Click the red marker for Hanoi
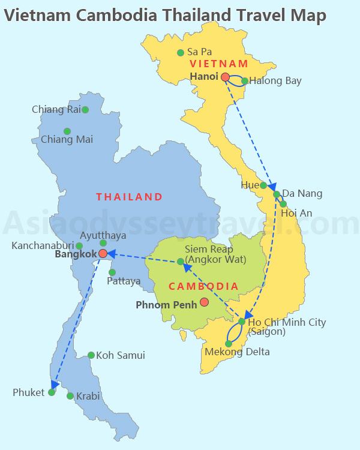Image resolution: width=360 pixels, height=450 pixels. (x=225, y=77)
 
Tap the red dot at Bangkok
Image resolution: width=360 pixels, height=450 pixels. (x=103, y=254)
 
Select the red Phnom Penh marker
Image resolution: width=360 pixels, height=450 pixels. (x=204, y=302)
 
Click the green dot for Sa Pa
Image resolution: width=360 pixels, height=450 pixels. (x=180, y=53)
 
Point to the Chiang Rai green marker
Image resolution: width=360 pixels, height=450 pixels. (x=85, y=110)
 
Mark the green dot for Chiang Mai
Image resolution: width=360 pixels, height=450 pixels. (x=67, y=131)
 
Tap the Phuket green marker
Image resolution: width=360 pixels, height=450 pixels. (x=52, y=392)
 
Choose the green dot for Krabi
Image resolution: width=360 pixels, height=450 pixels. (x=70, y=396)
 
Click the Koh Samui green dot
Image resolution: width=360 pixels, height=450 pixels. (x=91, y=355)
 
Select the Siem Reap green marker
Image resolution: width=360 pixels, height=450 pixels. (x=180, y=262)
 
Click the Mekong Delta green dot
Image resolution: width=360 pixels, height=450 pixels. (x=229, y=344)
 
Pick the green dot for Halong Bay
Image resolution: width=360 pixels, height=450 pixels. (x=245, y=81)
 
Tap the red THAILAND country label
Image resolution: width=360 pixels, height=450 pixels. (x=129, y=197)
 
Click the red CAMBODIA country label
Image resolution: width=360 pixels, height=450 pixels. (x=203, y=287)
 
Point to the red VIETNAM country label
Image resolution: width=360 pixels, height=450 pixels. (x=218, y=64)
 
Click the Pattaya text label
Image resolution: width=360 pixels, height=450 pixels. (x=124, y=281)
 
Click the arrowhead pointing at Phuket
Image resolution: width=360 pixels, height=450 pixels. (x=55, y=385)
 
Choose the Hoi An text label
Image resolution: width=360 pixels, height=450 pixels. (x=296, y=212)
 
